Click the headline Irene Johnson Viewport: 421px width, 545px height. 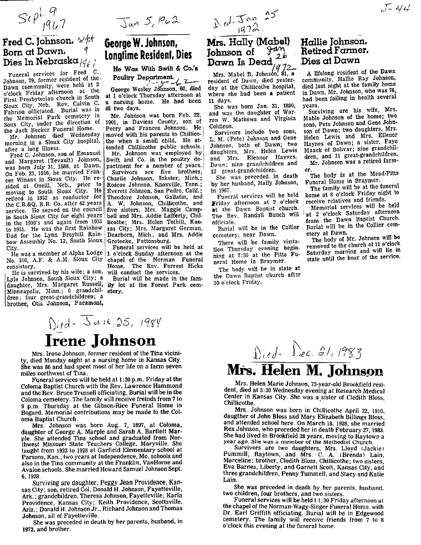click(108, 340)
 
